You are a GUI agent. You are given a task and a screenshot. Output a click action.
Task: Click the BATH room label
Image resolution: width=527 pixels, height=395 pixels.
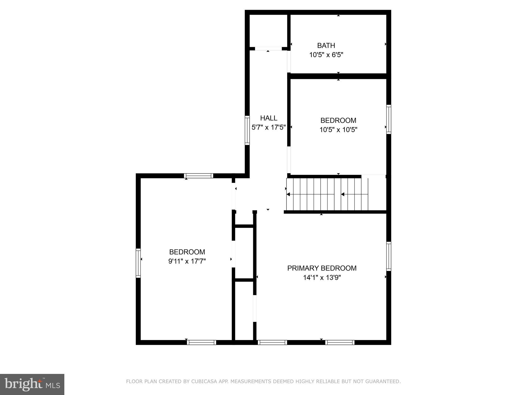(326, 46)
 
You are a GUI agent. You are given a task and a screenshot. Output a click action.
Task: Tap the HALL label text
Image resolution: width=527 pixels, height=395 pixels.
(269, 118)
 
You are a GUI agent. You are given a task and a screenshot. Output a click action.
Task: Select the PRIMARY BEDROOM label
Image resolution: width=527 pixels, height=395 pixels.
(322, 268)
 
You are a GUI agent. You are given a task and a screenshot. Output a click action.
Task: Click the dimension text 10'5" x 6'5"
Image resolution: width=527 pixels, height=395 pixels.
(326, 55)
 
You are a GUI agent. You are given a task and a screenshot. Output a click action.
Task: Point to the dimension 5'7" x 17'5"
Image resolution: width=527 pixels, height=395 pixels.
(269, 127)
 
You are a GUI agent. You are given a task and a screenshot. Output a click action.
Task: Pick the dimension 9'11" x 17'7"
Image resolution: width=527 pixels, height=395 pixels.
(187, 261)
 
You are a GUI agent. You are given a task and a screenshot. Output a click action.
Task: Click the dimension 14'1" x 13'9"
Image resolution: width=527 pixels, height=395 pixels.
(322, 278)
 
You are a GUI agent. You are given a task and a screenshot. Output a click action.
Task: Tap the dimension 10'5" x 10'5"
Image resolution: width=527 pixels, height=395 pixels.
(338, 130)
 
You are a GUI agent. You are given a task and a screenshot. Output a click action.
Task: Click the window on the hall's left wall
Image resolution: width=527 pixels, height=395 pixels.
(247, 130)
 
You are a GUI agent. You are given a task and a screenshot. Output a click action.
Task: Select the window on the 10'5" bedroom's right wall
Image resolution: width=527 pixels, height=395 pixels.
(389, 119)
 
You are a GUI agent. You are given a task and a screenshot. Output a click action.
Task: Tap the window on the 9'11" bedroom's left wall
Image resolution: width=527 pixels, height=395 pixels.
(138, 263)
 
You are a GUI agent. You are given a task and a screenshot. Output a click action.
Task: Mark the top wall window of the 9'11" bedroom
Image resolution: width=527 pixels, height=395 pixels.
(198, 176)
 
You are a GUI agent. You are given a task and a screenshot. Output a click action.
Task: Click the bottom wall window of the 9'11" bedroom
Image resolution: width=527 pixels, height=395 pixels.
(201, 342)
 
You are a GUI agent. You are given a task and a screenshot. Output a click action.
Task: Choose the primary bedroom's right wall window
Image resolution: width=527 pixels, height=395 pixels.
(389, 256)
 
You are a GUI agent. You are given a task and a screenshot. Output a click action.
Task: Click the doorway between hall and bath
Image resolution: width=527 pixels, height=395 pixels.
(289, 62)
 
